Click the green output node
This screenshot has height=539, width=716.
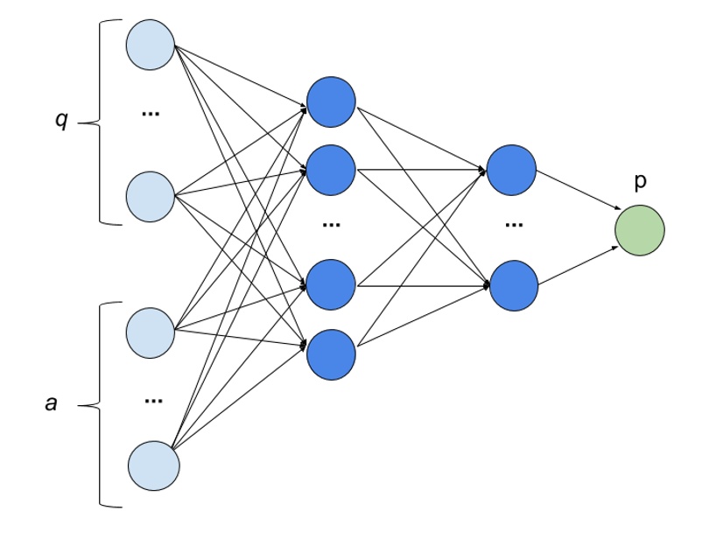[640, 231]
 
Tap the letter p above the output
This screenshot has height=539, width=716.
[640, 182]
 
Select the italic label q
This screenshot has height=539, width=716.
[60, 121]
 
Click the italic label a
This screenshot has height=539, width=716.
[52, 403]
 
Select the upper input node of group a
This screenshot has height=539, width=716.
[151, 331]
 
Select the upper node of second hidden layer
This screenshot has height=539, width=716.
[512, 170]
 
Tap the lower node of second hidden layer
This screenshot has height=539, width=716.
[512, 283]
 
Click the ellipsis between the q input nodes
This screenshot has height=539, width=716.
[151, 113]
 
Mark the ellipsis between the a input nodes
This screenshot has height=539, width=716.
[153, 401]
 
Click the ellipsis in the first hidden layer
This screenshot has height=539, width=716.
[331, 225]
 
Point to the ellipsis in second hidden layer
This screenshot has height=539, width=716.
[513, 225]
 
